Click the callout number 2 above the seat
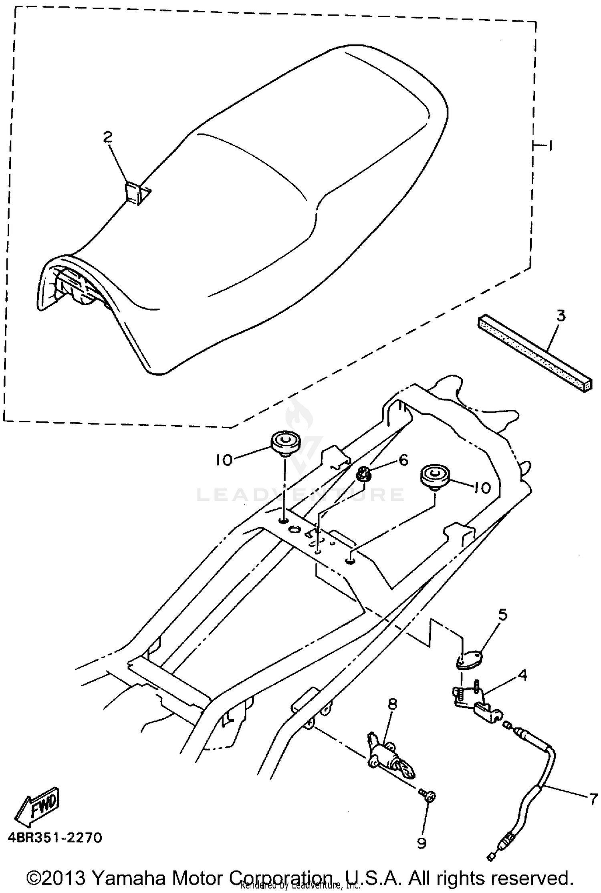[108, 137]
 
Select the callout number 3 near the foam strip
[561, 316]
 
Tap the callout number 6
[403, 460]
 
